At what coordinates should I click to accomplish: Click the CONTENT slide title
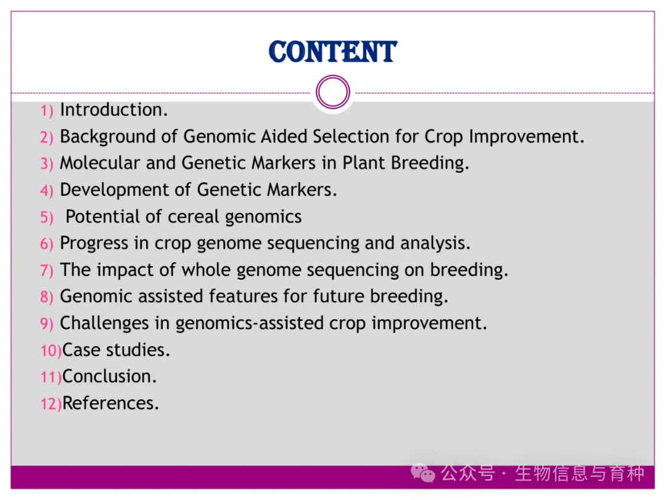pyautogui.click(x=333, y=52)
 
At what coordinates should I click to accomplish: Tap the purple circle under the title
pyautogui.click(x=333, y=77)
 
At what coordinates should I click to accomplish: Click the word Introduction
pyautogui.click(x=114, y=110)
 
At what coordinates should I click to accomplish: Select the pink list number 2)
pyautogui.click(x=47, y=137)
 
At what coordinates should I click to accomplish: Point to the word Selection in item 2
pyautogui.click(x=351, y=136)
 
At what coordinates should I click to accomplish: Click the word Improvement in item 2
pyautogui.click(x=527, y=136)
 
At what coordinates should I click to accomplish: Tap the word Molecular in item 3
pyautogui.click(x=100, y=163)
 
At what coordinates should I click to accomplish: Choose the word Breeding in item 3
pyautogui.click(x=430, y=164)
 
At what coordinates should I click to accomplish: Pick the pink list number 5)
pyautogui.click(x=47, y=217)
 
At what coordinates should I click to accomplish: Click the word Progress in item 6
pyautogui.click(x=94, y=244)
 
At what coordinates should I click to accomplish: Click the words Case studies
pyautogui.click(x=116, y=350)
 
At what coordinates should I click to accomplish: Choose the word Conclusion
pyautogui.click(x=110, y=377)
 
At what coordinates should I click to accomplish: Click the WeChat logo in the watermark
pyautogui.click(x=422, y=473)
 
